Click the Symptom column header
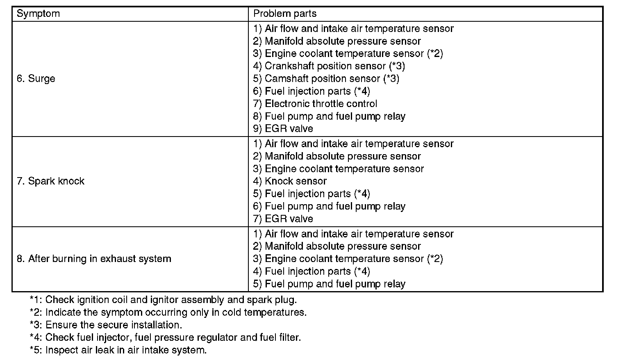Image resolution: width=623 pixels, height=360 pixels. (x=38, y=14)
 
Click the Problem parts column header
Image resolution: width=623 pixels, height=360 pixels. (x=285, y=14)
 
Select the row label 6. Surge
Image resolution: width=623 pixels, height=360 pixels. (x=36, y=78)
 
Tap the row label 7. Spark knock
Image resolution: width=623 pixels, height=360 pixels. (x=50, y=181)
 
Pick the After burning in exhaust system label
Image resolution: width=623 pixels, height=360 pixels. (x=94, y=259)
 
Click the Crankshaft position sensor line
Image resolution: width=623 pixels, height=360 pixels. (x=329, y=66)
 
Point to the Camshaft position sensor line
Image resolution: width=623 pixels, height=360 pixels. (x=326, y=78)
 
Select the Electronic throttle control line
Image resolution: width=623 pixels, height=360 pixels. (x=315, y=104)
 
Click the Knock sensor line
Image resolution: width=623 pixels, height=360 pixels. (x=290, y=181)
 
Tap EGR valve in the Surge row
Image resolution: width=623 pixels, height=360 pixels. (x=283, y=129)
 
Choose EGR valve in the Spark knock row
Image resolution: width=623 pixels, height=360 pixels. (x=283, y=219)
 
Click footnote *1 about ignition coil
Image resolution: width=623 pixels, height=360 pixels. (x=163, y=300)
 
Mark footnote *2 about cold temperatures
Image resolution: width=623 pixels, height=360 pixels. (x=168, y=312)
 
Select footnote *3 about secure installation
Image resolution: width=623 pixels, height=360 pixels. (x=106, y=325)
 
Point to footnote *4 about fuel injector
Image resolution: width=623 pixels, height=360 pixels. (x=165, y=337)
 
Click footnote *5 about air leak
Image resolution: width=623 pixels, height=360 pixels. (x=118, y=350)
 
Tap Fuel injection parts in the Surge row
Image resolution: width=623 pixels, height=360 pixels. (x=311, y=91)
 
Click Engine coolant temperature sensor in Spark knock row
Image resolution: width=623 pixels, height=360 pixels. (x=339, y=169)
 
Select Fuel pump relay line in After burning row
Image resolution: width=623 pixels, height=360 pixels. (x=329, y=284)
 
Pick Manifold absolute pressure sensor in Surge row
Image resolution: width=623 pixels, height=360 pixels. (x=337, y=41)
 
